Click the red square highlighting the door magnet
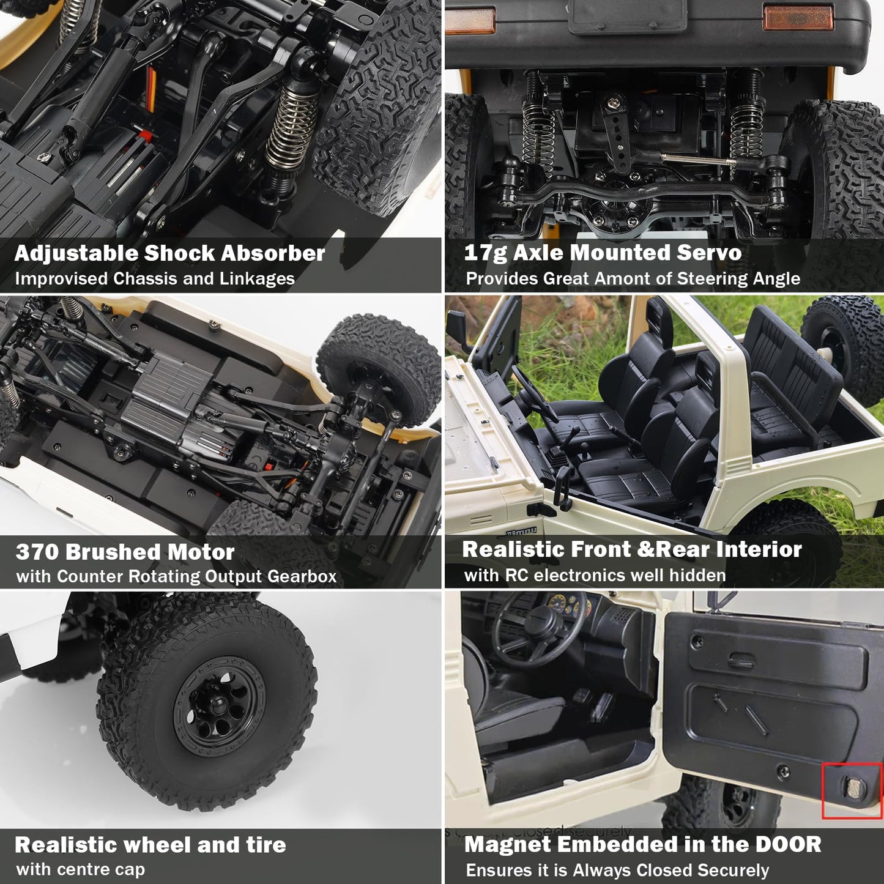852,790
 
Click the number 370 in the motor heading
37,552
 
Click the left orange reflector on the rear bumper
469,21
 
